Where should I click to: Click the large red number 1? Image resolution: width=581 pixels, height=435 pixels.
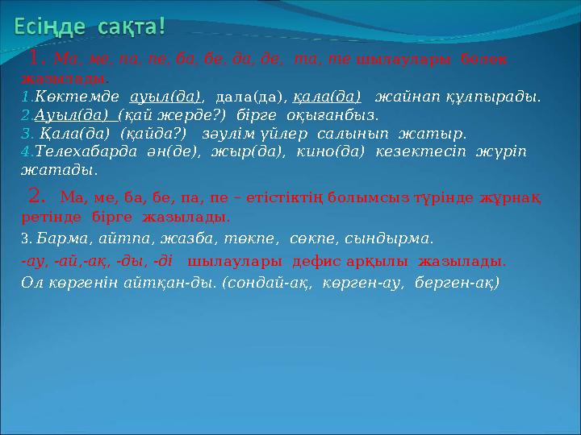tap(36, 58)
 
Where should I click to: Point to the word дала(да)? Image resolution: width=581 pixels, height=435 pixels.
tap(250, 97)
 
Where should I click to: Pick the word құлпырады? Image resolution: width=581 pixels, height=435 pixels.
tap(496, 97)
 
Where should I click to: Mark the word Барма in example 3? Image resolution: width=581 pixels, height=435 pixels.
tap(61, 238)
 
